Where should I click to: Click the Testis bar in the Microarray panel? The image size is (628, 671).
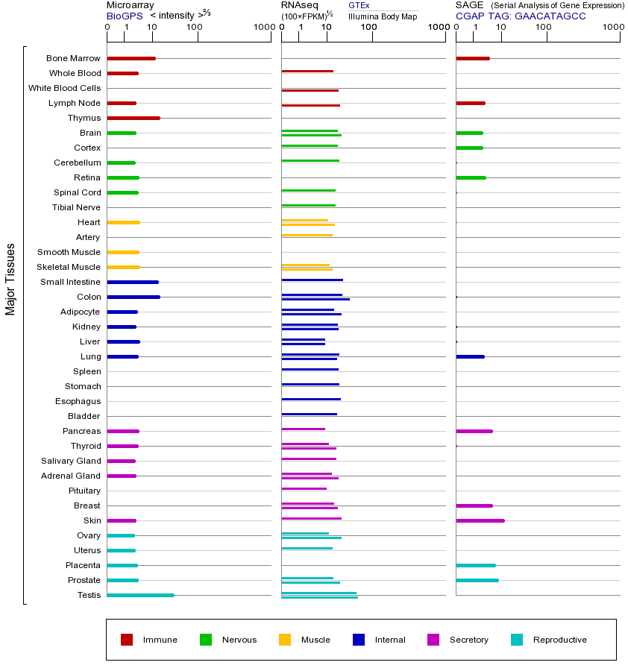140,595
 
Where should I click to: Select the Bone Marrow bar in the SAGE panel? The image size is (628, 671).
473,58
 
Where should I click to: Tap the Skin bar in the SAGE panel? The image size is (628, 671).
480,520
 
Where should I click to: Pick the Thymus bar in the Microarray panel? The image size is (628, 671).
134,118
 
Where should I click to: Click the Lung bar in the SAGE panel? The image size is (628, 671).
470,356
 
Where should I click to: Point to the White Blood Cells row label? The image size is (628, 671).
64,88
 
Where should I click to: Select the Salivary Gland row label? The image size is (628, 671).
71,461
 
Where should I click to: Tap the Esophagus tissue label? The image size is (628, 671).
78,401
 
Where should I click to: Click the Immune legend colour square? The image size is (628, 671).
127,640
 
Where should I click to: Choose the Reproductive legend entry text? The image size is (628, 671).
559,640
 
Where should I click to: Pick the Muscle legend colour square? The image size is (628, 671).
285,640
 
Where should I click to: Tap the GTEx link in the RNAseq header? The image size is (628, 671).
359,6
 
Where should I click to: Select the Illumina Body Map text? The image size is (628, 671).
383,16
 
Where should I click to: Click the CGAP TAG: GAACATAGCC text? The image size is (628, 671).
521,16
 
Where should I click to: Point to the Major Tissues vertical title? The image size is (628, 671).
10,279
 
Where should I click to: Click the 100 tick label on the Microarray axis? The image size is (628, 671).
194,28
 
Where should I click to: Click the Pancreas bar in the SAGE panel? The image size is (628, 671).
474,431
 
